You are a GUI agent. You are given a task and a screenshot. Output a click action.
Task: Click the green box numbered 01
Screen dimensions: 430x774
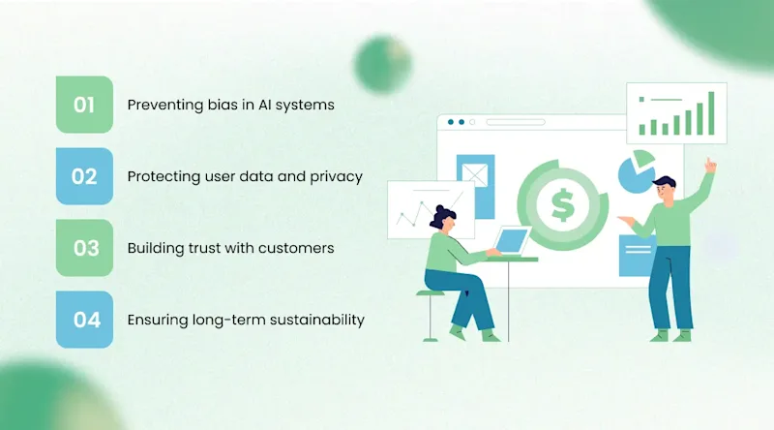(x=84, y=105)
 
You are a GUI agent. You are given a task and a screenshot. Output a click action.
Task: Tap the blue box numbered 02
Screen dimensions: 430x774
(x=84, y=176)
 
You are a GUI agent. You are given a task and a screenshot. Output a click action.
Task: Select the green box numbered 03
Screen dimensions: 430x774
(x=84, y=248)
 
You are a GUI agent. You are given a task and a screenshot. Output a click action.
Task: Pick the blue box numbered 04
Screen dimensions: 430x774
(x=84, y=320)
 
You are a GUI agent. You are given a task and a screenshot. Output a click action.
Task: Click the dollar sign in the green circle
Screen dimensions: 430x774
(x=561, y=204)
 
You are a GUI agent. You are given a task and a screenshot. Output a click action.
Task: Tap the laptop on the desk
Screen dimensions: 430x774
(x=511, y=240)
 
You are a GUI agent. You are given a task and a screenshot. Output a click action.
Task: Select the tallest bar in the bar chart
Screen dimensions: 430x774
(x=711, y=113)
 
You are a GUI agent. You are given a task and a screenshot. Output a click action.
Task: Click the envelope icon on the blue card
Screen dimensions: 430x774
(x=475, y=174)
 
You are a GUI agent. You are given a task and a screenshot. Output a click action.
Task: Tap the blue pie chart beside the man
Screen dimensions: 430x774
(x=636, y=171)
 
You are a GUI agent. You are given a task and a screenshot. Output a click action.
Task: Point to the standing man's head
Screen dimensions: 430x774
(x=664, y=188)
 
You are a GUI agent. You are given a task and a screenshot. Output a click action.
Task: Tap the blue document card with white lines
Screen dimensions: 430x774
(x=637, y=256)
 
